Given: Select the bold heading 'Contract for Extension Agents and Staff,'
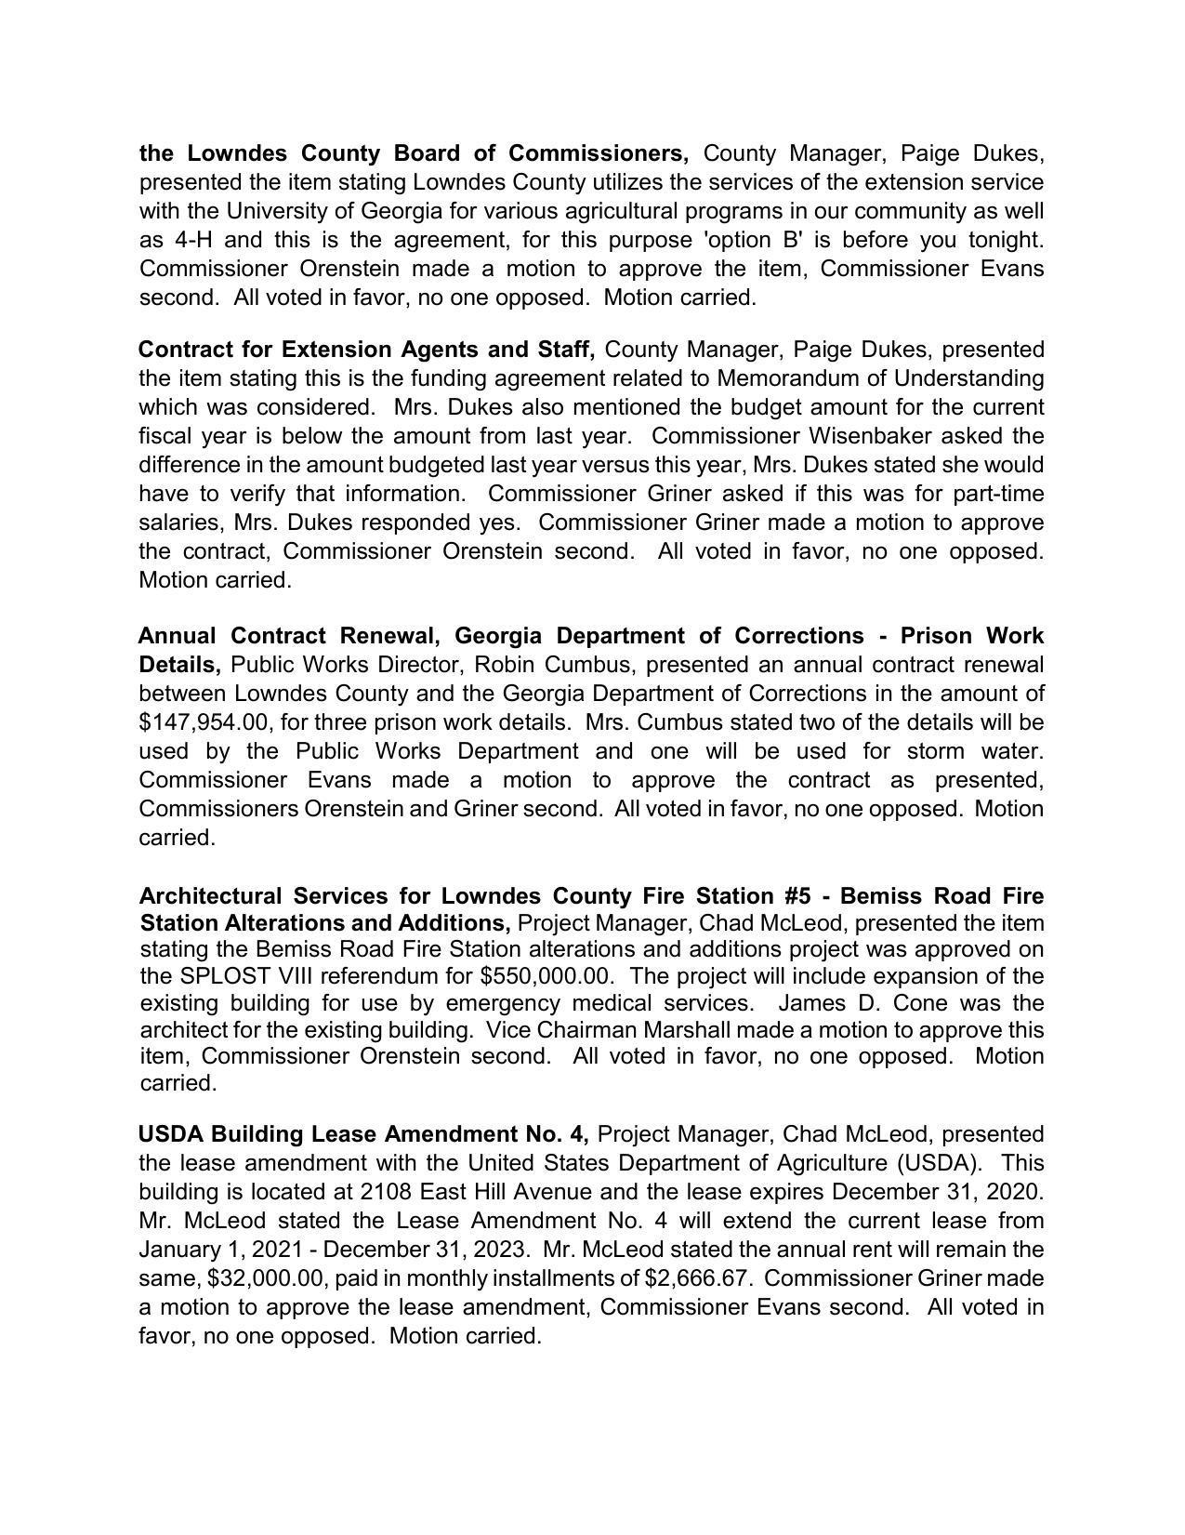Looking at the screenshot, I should tap(366, 350).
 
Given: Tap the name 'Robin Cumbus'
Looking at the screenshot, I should tap(558, 665).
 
